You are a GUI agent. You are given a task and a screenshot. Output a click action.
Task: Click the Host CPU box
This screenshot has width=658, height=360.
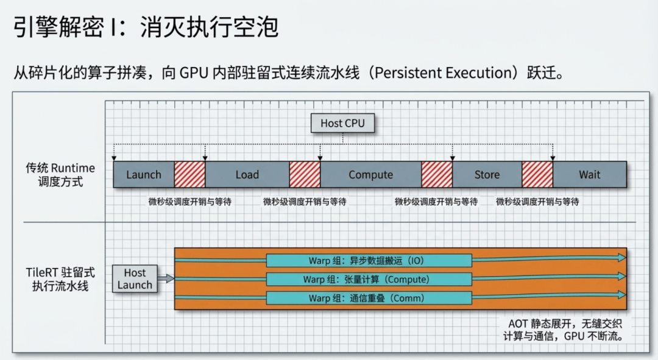(342, 124)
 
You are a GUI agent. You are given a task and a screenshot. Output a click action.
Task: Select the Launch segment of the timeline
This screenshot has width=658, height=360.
(144, 175)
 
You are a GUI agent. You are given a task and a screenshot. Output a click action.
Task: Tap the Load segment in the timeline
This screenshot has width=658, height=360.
(247, 175)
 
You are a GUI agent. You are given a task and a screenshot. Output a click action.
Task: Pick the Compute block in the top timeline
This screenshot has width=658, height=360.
(371, 175)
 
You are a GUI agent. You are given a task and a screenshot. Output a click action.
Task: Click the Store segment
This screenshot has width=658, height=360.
(487, 175)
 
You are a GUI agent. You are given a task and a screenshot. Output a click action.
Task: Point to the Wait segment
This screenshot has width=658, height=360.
(590, 175)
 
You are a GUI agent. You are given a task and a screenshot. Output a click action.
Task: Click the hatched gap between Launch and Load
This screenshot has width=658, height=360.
(189, 175)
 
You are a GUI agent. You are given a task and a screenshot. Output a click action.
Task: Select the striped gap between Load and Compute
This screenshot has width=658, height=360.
(305, 175)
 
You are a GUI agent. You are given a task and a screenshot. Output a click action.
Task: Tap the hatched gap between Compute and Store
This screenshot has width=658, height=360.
(437, 175)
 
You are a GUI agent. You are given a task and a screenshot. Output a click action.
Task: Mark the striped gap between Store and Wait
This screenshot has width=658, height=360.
(537, 175)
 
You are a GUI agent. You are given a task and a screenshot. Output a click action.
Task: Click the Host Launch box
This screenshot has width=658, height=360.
(135, 278)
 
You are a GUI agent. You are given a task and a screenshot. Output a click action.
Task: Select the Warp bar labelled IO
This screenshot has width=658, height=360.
(369, 261)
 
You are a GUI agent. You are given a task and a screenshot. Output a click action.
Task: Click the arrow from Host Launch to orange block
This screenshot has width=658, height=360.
(166, 278)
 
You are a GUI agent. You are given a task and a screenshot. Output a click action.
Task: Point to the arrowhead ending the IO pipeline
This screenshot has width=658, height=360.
(622, 258)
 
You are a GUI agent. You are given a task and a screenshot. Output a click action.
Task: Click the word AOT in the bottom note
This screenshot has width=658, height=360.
(517, 324)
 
